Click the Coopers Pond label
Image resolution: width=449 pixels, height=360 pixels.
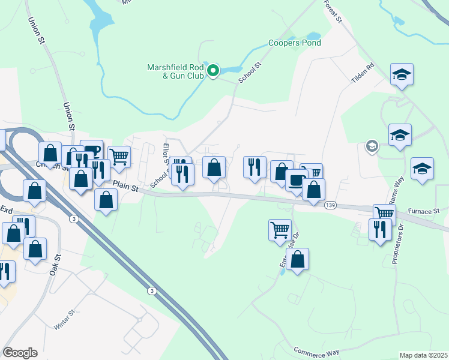coord(294,43)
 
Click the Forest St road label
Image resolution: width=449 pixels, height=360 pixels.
coord(332,11)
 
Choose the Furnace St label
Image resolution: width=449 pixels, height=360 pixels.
coord(424,211)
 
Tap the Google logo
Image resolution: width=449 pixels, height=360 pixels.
coord(20,353)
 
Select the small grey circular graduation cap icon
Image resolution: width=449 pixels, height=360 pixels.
coord(372,146)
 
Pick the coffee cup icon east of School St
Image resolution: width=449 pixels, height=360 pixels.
coord(296,180)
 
